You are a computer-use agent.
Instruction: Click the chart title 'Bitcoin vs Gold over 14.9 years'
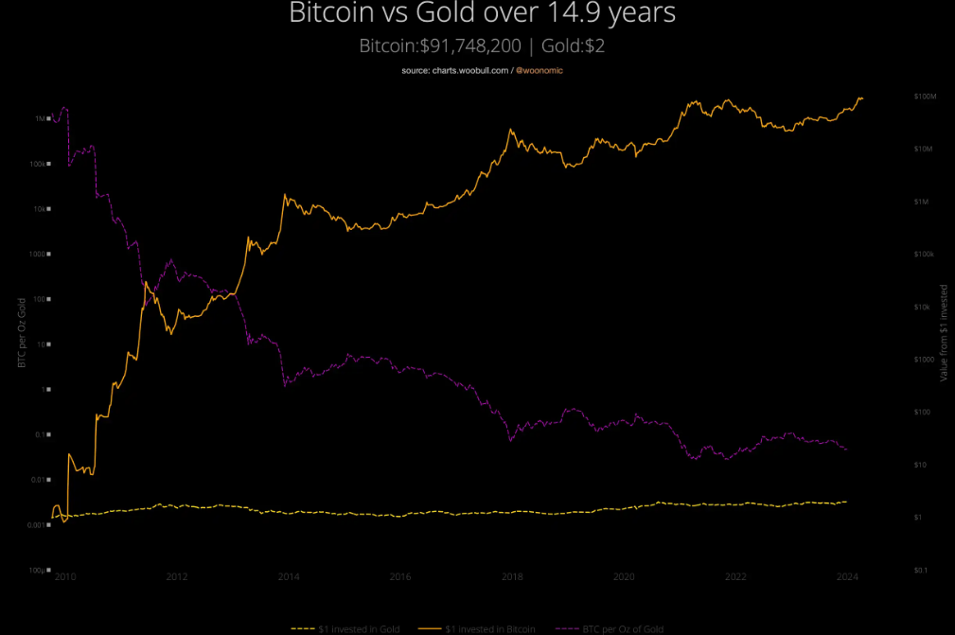coord(483,14)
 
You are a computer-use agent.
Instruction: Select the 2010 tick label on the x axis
coord(65,576)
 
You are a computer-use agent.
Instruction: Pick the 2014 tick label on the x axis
coord(289,576)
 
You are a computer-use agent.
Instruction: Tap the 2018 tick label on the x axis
coord(512,576)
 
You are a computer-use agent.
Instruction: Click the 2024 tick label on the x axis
coord(848,576)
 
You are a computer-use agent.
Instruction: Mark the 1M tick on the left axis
coord(42,119)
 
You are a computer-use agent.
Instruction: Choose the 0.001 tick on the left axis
coord(38,525)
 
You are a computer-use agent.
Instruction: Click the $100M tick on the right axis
coord(924,97)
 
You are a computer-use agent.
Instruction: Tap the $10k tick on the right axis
coord(924,307)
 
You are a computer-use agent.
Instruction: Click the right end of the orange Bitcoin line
coord(862,98)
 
